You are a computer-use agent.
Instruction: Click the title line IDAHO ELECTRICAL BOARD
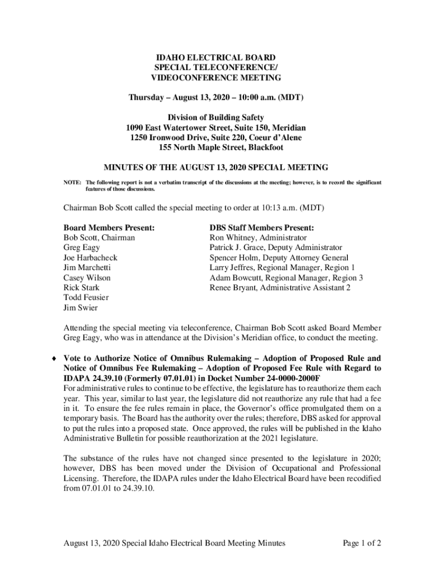click(216, 57)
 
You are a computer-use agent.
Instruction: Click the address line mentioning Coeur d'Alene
click(216, 138)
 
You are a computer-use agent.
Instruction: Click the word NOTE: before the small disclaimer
click(72, 183)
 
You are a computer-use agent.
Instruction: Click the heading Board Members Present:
click(109, 228)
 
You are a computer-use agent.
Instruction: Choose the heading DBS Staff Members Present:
click(261, 228)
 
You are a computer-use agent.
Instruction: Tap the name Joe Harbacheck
click(90, 258)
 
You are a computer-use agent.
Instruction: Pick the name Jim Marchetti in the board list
click(86, 268)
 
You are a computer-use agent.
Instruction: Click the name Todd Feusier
click(86, 298)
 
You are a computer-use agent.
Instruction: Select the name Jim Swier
click(80, 308)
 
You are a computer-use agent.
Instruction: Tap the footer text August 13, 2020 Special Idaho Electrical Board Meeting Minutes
click(174, 543)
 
